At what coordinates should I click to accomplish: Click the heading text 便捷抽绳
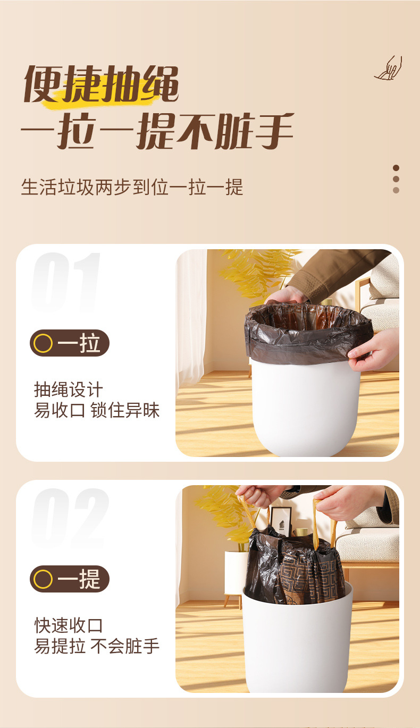tap(101, 84)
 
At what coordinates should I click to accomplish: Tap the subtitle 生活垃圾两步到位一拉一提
tap(132, 187)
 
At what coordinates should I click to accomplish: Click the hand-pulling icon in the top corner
tap(389, 69)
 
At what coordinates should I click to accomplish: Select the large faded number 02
tap(70, 518)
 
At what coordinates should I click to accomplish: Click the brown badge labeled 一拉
tap(70, 343)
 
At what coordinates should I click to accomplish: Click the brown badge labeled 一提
tap(70, 579)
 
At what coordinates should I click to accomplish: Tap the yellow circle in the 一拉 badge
tap(43, 344)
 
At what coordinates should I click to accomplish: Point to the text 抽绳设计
tap(68, 390)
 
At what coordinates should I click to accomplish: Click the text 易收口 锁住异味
tap(97, 410)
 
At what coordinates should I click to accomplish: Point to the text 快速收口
tap(68, 625)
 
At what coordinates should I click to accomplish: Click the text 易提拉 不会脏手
tap(97, 646)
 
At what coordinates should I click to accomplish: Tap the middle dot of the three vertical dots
tap(396, 179)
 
